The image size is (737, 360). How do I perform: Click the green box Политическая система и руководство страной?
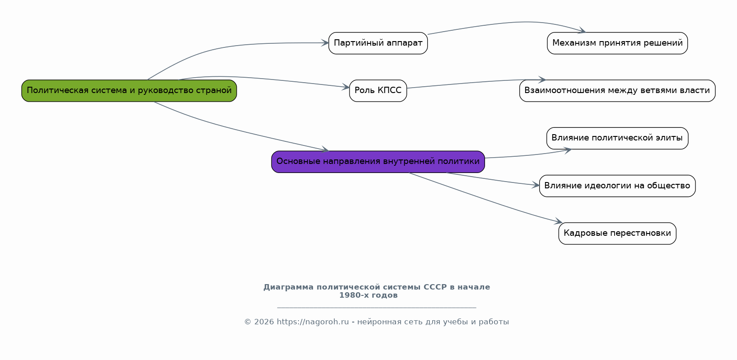point(129,90)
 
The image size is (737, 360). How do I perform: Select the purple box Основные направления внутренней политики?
point(378,161)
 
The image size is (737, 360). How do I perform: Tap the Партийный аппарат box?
point(378,43)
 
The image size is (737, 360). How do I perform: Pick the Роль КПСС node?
point(378,90)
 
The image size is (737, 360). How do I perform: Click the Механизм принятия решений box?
point(617,43)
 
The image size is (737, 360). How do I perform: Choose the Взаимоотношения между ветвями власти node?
point(617,90)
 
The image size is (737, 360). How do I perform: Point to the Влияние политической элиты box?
point(617,138)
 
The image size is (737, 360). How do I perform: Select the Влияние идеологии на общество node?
point(617,186)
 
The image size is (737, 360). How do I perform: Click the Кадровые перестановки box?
point(617,233)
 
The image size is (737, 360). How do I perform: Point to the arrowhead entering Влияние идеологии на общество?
point(536,185)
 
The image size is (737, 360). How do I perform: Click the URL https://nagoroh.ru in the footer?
point(313,322)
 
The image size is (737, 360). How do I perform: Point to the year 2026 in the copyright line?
point(264,322)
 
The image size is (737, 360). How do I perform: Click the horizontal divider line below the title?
point(376,308)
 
